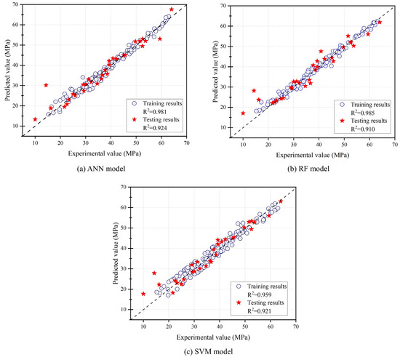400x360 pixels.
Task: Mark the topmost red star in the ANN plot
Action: point(172,9)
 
